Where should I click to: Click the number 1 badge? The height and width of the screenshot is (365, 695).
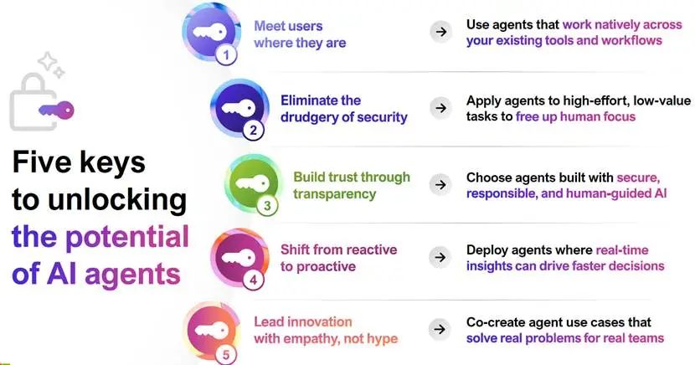(x=226, y=55)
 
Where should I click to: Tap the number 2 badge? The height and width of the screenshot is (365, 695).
(x=253, y=131)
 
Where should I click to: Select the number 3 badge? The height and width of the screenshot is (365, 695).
(x=267, y=206)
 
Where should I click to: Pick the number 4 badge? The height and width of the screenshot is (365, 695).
(x=253, y=280)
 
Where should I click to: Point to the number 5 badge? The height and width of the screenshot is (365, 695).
(x=226, y=354)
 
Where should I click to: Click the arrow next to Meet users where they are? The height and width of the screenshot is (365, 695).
(x=440, y=32)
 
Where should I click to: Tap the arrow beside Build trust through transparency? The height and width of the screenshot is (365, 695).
(x=440, y=185)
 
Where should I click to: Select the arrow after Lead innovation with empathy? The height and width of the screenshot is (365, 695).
(x=440, y=329)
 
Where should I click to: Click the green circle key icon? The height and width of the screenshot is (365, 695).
(x=253, y=182)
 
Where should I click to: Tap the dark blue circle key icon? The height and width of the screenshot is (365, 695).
(x=239, y=108)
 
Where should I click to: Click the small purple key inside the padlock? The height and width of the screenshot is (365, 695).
(x=56, y=110)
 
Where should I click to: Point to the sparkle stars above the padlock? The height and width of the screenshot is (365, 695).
(x=51, y=64)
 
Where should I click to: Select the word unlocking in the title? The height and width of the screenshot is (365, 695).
(x=117, y=200)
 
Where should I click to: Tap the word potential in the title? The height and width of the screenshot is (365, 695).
(x=127, y=238)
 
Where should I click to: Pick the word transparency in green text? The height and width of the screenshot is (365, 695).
(x=335, y=194)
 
